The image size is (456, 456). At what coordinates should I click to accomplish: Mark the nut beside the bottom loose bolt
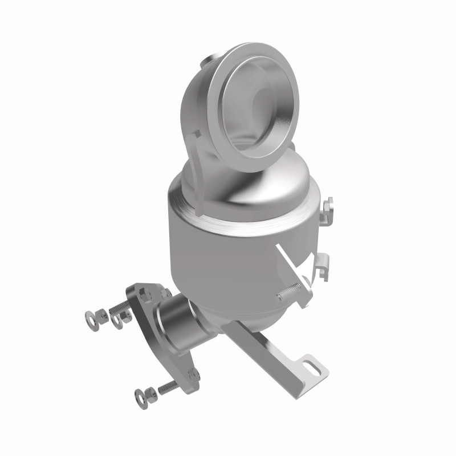[152, 392]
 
